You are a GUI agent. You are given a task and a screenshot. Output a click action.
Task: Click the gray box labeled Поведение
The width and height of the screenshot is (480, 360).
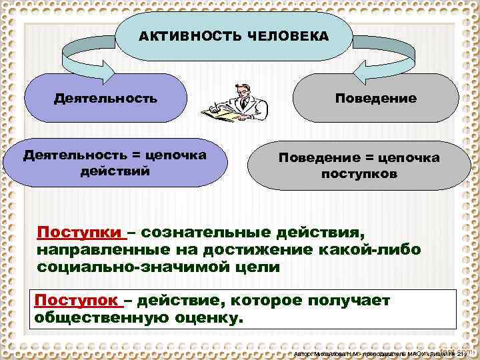(375, 99)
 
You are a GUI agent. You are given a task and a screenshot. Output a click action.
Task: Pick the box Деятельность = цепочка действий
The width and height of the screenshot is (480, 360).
(115, 163)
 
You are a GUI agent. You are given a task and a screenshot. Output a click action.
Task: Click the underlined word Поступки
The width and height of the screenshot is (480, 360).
(80, 233)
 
